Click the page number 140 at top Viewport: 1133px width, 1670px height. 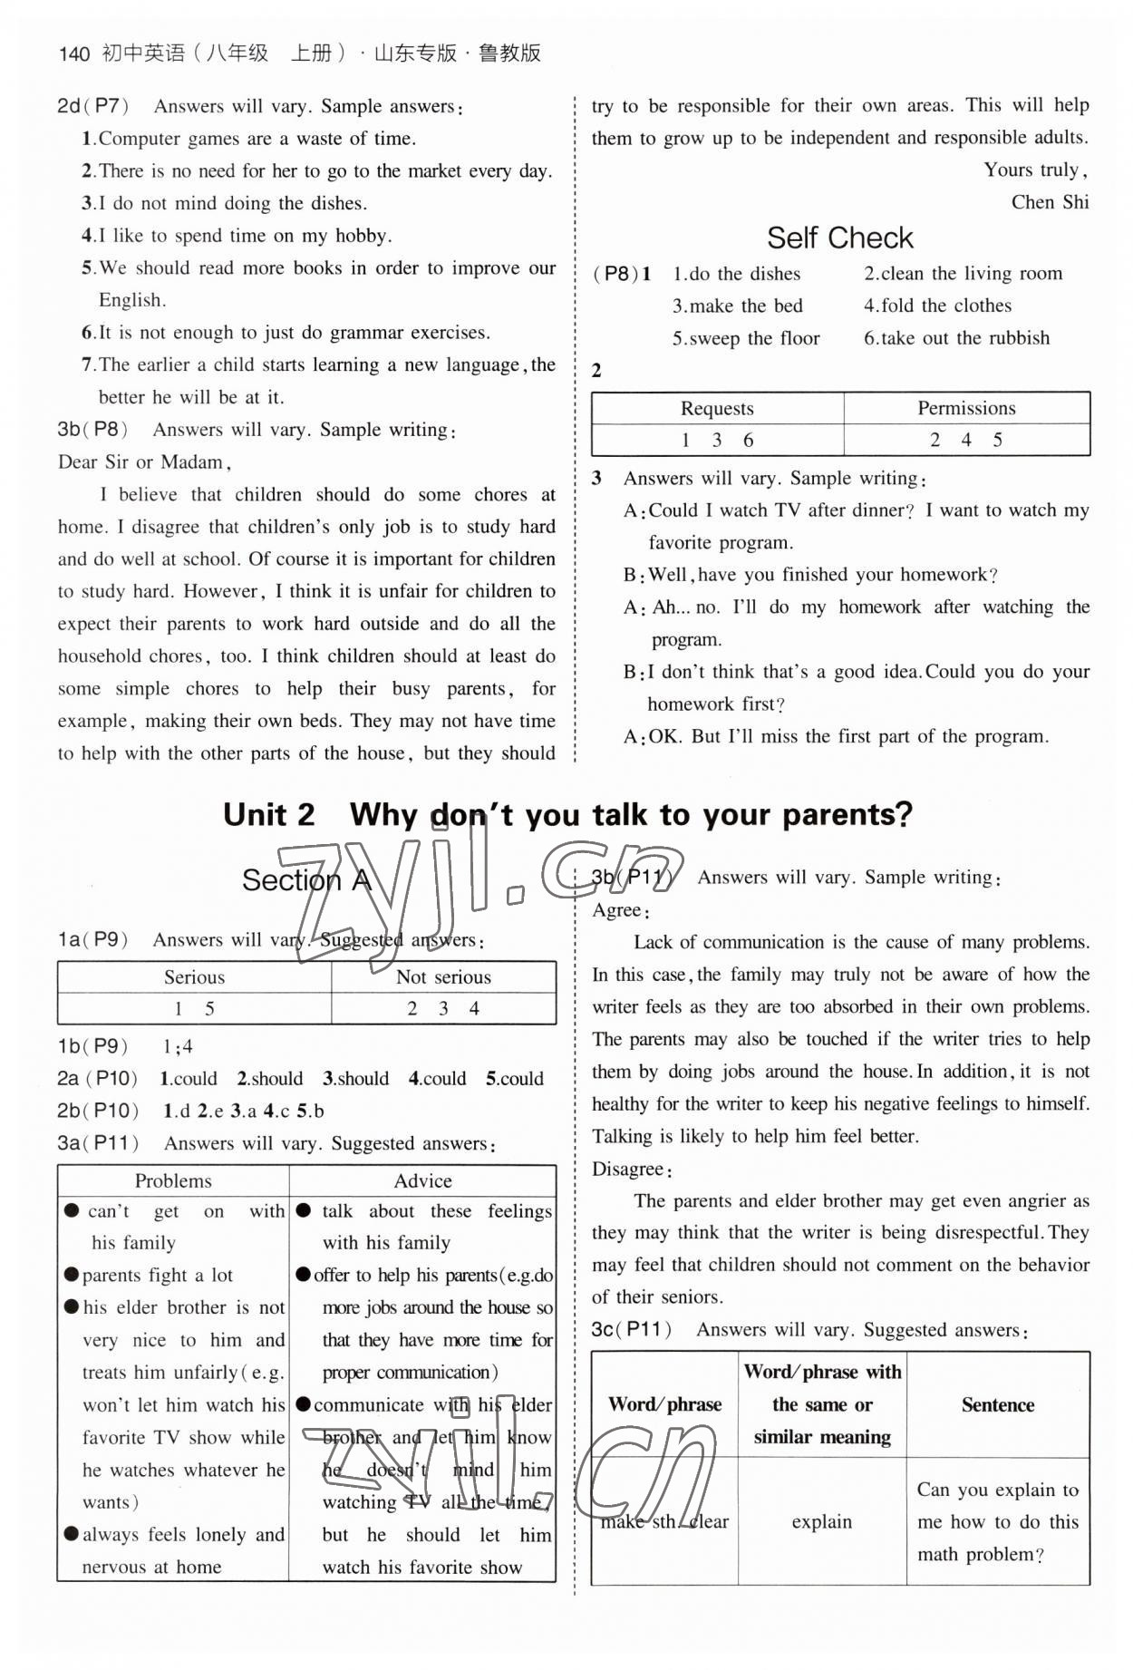[73, 53]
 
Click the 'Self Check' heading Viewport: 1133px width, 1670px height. [839, 238]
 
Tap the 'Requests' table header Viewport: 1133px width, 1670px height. [716, 408]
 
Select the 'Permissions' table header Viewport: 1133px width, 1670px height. [966, 408]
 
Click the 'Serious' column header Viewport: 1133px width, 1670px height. [194, 976]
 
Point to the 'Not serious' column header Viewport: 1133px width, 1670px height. [443, 976]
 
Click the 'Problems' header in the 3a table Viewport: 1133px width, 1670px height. [173, 1180]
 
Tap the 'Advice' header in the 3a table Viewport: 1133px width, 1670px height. [422, 1180]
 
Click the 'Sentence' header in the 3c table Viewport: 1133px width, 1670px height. [997, 1404]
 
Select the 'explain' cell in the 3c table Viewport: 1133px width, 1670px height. [821, 1521]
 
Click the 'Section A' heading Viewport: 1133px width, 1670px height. [306, 879]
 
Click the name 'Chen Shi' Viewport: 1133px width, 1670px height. [1050, 202]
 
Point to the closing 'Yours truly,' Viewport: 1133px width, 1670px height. [1035, 170]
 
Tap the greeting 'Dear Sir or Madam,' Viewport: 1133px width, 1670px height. [145, 462]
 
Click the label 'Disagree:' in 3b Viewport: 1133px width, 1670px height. [632, 1170]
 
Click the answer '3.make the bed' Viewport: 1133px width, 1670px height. [737, 306]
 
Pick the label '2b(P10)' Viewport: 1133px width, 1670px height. [98, 1111]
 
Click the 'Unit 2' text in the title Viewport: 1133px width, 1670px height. [269, 814]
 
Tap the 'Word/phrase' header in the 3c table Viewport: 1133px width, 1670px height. [664, 1404]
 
